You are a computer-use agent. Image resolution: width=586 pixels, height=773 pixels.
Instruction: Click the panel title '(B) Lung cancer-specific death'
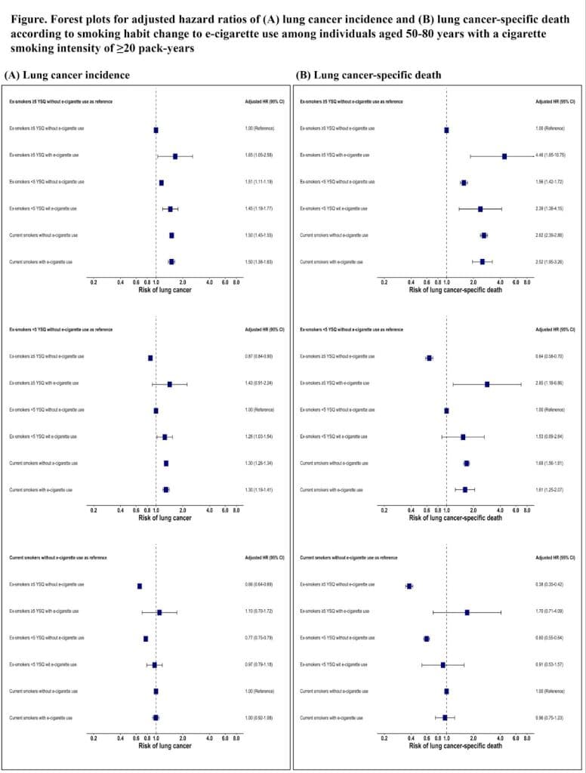pyautogui.click(x=369, y=75)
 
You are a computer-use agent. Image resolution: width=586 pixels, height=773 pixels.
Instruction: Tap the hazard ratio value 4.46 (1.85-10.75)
pyautogui.click(x=555, y=156)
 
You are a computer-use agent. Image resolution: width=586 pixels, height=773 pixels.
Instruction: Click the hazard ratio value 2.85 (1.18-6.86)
pyautogui.click(x=555, y=384)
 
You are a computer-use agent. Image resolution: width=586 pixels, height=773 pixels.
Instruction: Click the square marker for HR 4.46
pyautogui.click(x=504, y=156)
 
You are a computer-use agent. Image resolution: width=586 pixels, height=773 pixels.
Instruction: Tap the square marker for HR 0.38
pyautogui.click(x=409, y=586)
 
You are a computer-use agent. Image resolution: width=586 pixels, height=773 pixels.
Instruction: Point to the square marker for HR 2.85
pyautogui.click(x=487, y=384)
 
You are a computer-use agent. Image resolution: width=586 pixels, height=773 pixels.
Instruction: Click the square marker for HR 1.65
pyautogui.click(x=175, y=156)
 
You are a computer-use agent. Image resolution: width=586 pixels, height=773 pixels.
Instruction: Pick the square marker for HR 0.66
pyautogui.click(x=140, y=586)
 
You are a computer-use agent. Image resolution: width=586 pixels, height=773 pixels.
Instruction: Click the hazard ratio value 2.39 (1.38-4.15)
pyautogui.click(x=555, y=209)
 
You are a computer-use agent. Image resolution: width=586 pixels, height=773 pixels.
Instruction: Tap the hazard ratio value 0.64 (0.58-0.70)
pyautogui.click(x=555, y=358)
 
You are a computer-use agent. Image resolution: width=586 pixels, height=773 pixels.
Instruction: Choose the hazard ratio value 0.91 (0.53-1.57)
pyautogui.click(x=555, y=665)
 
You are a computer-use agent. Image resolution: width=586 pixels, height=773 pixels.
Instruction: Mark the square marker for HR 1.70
pyautogui.click(x=467, y=612)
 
